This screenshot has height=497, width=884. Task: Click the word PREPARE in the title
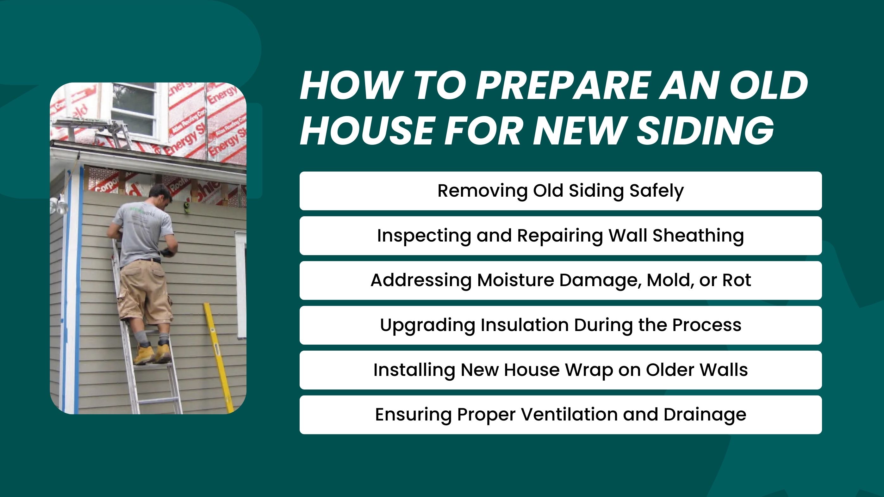point(563,86)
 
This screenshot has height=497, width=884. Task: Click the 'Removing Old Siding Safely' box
point(560,191)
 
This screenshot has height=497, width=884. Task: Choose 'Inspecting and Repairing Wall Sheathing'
point(560,236)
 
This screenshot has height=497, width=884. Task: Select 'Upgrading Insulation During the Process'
point(560,325)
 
